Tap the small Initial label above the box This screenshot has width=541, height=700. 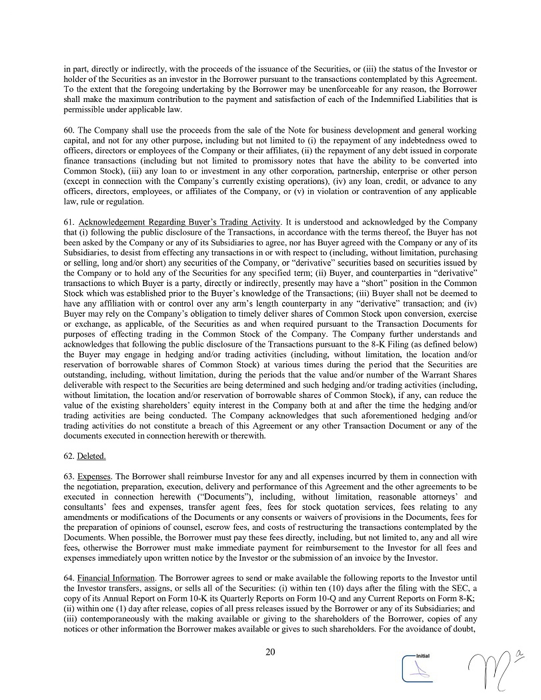click(x=422, y=655)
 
